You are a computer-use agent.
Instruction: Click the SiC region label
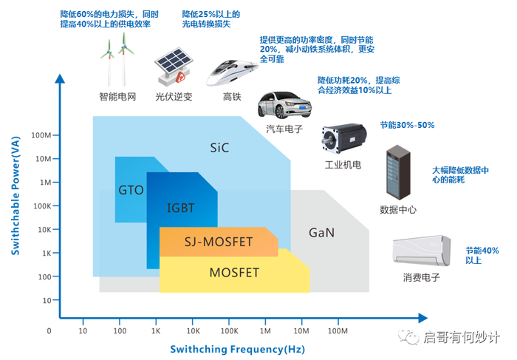click(x=219, y=148)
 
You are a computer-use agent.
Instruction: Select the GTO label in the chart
click(x=131, y=190)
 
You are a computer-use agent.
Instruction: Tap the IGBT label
click(x=181, y=208)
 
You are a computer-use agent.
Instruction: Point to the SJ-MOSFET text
click(x=219, y=242)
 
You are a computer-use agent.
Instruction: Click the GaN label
click(x=321, y=233)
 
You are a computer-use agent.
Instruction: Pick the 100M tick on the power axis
click(x=41, y=135)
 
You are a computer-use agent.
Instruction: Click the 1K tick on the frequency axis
click(x=156, y=330)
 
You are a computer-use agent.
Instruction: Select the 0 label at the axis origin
click(x=49, y=330)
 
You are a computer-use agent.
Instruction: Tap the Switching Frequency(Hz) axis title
click(x=237, y=349)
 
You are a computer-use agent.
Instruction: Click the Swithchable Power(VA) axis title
click(x=16, y=196)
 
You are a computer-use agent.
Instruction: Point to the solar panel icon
click(x=173, y=67)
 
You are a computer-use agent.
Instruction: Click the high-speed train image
click(x=233, y=72)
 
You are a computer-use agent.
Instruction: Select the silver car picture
click(x=284, y=105)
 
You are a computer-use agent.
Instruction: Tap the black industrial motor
click(x=344, y=138)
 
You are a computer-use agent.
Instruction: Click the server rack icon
click(x=398, y=172)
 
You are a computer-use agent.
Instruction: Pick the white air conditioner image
click(x=422, y=251)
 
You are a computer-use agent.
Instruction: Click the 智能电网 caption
click(x=117, y=97)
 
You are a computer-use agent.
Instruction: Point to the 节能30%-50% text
click(x=407, y=125)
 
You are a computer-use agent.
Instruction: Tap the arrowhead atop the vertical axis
click(x=60, y=78)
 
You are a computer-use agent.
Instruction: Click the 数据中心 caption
click(x=398, y=209)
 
